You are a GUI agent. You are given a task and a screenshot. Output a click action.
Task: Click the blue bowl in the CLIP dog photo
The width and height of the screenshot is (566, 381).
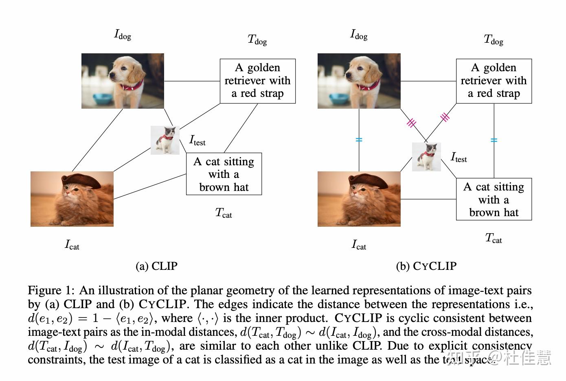pyautogui.click(x=102, y=99)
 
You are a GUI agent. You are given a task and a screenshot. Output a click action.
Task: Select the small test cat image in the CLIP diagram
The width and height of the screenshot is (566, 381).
pyautogui.click(x=165, y=140)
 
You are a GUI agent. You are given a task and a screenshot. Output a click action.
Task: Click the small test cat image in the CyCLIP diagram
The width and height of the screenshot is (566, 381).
pyautogui.click(x=426, y=157)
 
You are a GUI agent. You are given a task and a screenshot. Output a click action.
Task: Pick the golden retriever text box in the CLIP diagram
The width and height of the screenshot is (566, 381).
pyautogui.click(x=257, y=81)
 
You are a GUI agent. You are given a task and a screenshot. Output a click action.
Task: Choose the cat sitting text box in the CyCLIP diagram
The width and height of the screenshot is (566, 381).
pyautogui.click(x=494, y=199)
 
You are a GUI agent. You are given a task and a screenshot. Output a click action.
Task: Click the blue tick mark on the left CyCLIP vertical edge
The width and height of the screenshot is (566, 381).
pyautogui.click(x=359, y=140)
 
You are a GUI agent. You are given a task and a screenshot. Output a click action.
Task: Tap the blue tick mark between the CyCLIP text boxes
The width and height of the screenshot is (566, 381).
pyautogui.click(x=494, y=140)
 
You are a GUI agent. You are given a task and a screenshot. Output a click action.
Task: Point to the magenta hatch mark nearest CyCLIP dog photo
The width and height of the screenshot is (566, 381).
pyautogui.click(x=412, y=122)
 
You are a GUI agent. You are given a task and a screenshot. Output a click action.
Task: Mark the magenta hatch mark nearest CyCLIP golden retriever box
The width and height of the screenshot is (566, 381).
pyautogui.click(x=445, y=117)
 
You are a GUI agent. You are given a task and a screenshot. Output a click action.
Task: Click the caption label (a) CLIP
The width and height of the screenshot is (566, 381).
pyautogui.click(x=157, y=266)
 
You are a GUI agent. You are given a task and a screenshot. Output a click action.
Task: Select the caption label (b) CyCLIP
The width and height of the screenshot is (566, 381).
pyautogui.click(x=426, y=266)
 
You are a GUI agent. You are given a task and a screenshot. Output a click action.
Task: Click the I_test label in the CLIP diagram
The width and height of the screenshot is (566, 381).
pyautogui.click(x=197, y=140)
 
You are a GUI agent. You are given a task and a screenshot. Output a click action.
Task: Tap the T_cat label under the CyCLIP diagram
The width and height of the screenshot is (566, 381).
pyautogui.click(x=494, y=239)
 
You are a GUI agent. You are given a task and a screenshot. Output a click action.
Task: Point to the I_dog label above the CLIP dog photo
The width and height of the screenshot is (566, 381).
pyautogui.click(x=123, y=35)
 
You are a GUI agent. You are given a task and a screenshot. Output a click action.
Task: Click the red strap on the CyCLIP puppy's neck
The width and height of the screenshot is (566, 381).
pyautogui.click(x=369, y=86)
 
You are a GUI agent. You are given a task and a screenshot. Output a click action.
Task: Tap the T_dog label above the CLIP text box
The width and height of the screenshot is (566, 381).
pyautogui.click(x=257, y=40)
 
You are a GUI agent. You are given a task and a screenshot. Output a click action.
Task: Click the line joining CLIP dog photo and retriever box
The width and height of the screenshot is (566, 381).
pyautogui.click(x=192, y=81)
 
